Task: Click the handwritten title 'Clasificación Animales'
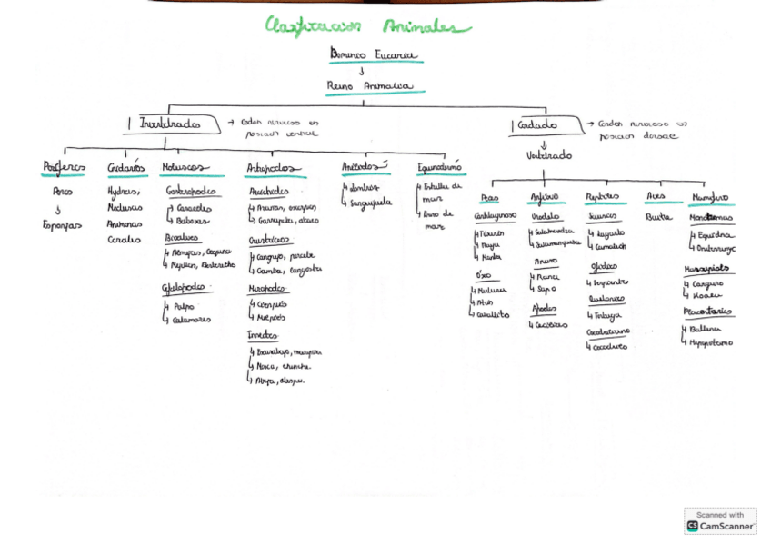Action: [x=367, y=26]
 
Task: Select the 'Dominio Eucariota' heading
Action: [x=375, y=54]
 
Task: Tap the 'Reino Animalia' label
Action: [x=371, y=87]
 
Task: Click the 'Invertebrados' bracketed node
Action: [x=170, y=124]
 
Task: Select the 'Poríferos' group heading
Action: [x=64, y=168]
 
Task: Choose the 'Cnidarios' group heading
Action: [x=125, y=168]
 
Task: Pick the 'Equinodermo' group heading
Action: [x=440, y=168]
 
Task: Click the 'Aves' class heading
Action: [x=656, y=196]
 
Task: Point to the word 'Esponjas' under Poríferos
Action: [x=63, y=224]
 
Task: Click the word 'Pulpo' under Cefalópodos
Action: [x=185, y=307]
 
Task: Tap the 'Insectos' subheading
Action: [x=264, y=335]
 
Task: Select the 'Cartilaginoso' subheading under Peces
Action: [x=496, y=216]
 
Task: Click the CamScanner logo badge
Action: [x=720, y=520]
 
